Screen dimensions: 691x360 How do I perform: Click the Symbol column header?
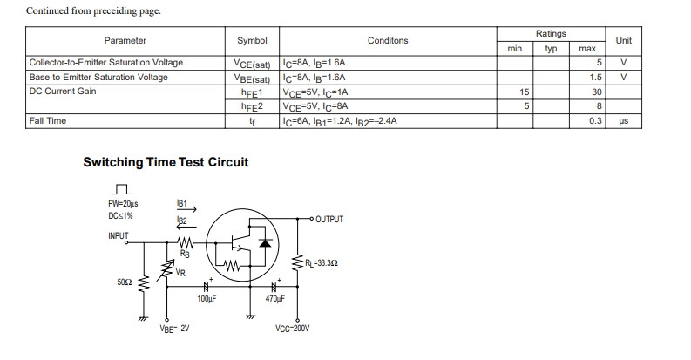252,41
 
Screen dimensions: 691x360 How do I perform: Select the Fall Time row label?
48,121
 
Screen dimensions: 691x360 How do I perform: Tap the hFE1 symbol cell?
252,92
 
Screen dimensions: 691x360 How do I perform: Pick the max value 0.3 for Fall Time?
595,121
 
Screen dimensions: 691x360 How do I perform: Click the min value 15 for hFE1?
524,92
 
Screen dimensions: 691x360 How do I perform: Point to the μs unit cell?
624,121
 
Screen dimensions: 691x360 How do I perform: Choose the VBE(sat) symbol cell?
252,78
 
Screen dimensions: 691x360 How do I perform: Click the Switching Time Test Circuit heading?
166,162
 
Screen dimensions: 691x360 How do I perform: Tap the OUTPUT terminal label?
329,219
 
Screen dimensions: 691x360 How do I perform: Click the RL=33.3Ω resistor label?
322,263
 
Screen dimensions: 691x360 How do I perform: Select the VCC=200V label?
292,329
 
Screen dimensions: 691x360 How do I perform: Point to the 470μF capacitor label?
275,299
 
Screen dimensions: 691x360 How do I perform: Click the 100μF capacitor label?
207,299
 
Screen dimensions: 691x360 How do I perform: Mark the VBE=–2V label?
174,329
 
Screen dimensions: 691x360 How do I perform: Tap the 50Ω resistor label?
125,282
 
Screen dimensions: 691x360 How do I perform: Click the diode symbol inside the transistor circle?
265,242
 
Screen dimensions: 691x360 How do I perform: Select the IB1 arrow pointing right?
186,210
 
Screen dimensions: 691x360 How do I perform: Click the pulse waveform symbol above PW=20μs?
122,189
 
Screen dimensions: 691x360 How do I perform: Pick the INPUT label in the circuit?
119,235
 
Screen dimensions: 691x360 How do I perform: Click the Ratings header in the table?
551,33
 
